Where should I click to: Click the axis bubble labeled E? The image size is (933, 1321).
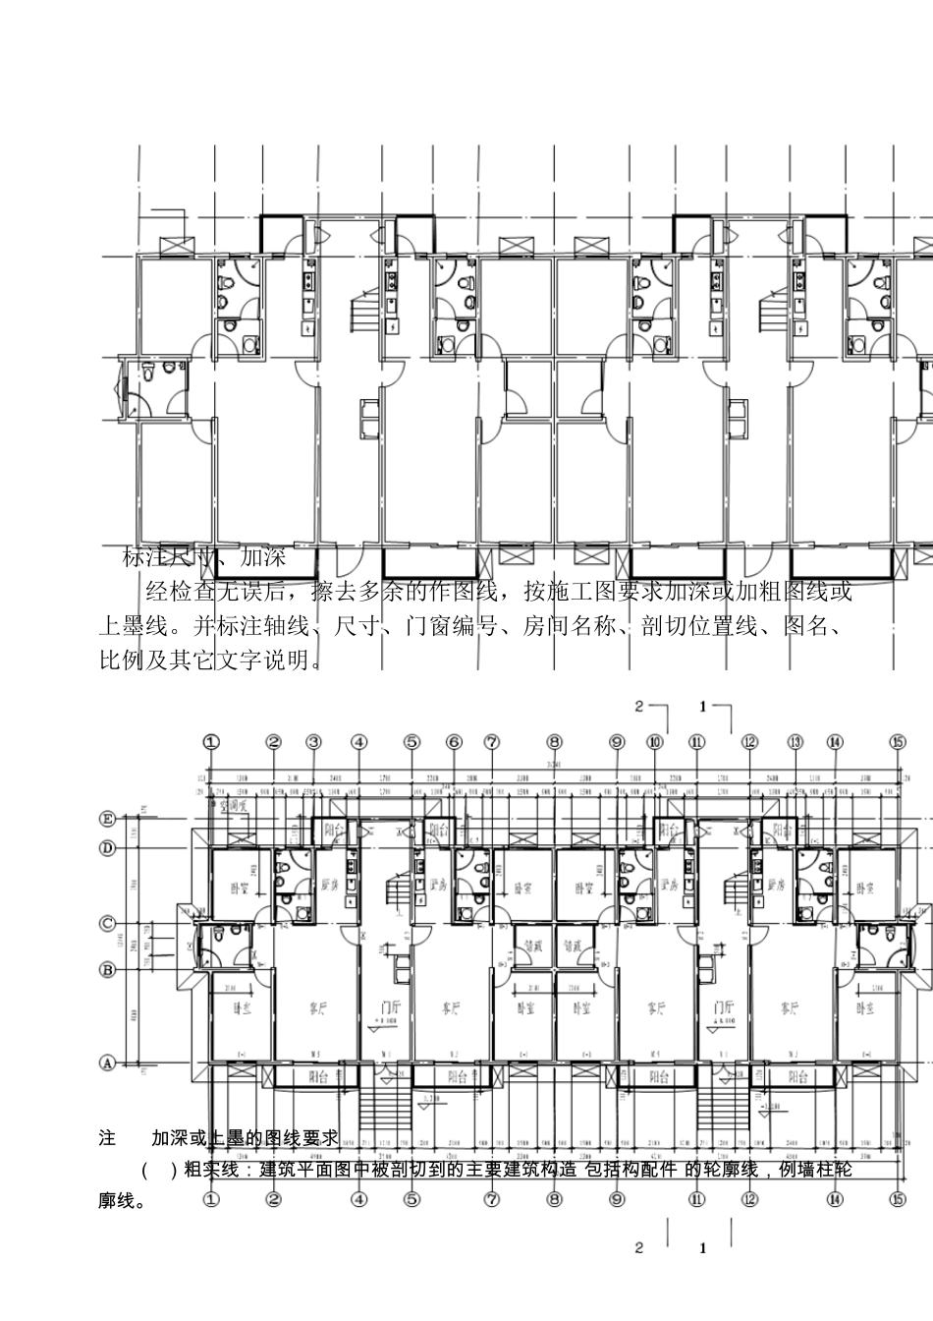tap(107, 818)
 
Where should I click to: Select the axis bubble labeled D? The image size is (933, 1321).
tap(107, 846)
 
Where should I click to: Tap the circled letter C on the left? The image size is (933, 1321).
tap(107, 924)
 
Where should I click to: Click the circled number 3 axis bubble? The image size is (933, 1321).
tap(313, 742)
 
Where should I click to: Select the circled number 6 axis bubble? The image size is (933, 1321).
tap(454, 742)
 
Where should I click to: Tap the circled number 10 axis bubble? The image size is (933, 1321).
tap(656, 742)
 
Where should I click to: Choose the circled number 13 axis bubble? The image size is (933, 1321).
tap(796, 742)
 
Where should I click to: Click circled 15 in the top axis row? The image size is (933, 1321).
tap(898, 742)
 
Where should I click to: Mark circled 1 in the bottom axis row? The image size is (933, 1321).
tap(212, 1199)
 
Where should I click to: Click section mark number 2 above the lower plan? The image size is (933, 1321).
tap(639, 706)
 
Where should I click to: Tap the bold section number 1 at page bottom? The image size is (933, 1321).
tap(703, 1249)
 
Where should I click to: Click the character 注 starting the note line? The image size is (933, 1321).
tap(107, 1138)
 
